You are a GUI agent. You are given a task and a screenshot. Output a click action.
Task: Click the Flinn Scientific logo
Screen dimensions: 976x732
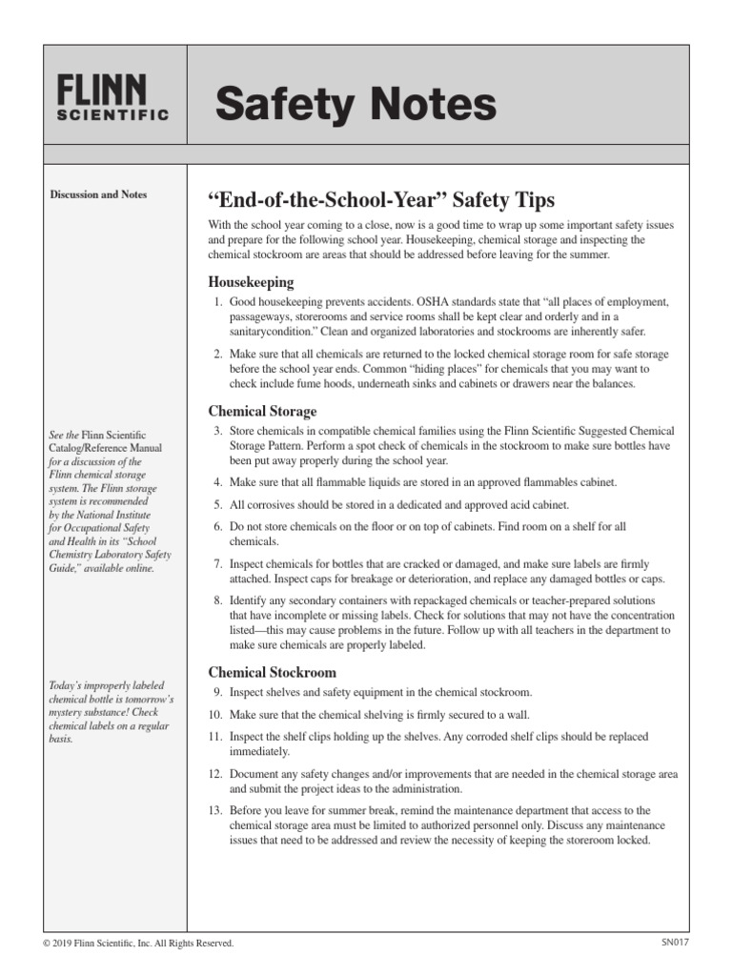pyautogui.click(x=112, y=98)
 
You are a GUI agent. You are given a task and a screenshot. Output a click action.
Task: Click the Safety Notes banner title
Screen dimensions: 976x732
pyautogui.click(x=356, y=104)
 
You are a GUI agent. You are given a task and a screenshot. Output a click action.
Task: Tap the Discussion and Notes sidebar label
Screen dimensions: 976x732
pyautogui.click(x=98, y=194)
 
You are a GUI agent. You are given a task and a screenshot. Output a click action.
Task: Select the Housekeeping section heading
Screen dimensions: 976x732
pyautogui.click(x=251, y=282)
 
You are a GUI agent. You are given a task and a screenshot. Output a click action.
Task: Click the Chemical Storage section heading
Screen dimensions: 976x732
pyautogui.click(x=262, y=411)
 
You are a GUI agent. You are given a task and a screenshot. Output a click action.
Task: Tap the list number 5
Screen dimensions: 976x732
pyautogui.click(x=217, y=504)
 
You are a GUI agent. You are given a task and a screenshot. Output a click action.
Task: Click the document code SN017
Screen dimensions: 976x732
pyautogui.click(x=674, y=943)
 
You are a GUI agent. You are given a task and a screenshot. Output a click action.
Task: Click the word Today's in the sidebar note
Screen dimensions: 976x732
pyautogui.click(x=65, y=685)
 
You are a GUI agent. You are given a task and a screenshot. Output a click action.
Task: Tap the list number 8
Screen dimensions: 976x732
pyautogui.click(x=217, y=600)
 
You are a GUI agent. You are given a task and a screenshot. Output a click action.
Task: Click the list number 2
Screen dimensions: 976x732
pyautogui.click(x=217, y=354)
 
